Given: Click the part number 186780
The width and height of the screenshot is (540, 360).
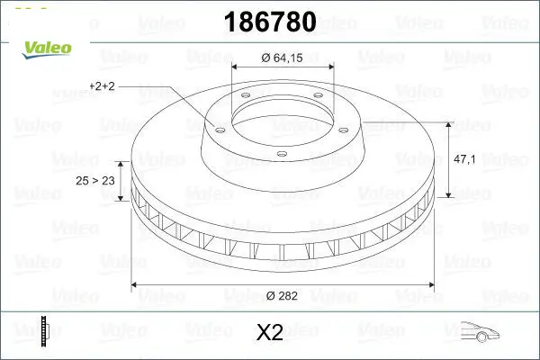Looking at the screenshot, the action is point(270,22).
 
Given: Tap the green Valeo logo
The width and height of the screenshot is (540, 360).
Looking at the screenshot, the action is point(47,49).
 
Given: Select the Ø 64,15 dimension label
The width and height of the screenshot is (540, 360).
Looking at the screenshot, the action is point(282,58).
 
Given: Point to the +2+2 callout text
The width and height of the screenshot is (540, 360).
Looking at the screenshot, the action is point(102,86).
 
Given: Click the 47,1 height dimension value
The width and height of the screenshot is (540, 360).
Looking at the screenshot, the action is point(464,159).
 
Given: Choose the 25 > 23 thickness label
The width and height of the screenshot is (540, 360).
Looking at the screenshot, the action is point(95,181).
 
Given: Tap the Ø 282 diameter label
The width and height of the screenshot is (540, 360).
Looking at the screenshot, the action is point(282,296).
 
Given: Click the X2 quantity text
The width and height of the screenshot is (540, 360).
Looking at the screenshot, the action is point(270,332).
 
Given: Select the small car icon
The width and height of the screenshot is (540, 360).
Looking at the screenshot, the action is point(480,332).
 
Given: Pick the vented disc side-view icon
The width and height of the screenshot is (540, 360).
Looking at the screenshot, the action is point(44,330).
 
